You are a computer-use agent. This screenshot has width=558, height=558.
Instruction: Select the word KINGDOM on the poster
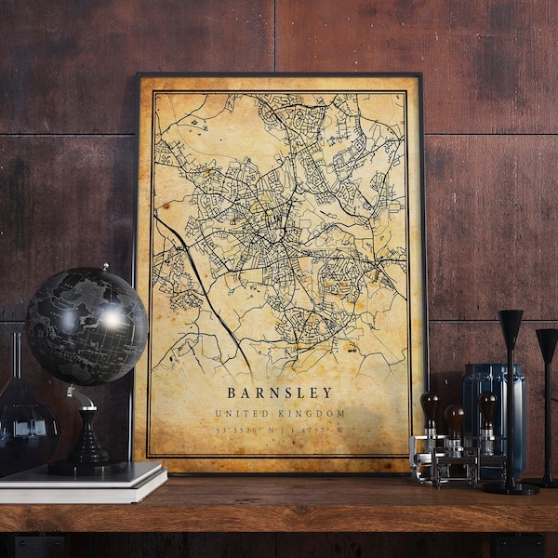[x=312, y=413]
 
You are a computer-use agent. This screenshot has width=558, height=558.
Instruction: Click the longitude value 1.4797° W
[x=316, y=431]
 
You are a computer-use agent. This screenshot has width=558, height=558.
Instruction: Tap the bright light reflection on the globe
[x=113, y=318]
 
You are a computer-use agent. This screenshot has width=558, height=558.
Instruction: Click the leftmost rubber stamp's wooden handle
[x=430, y=406]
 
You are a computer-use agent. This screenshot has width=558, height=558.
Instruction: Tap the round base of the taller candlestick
[x=511, y=487]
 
